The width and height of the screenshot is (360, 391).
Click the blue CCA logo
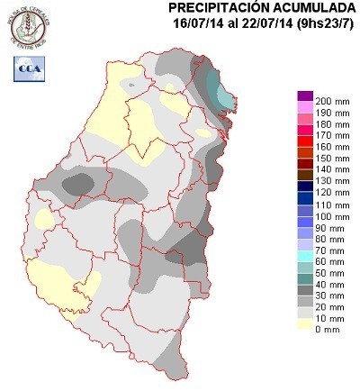28,67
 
